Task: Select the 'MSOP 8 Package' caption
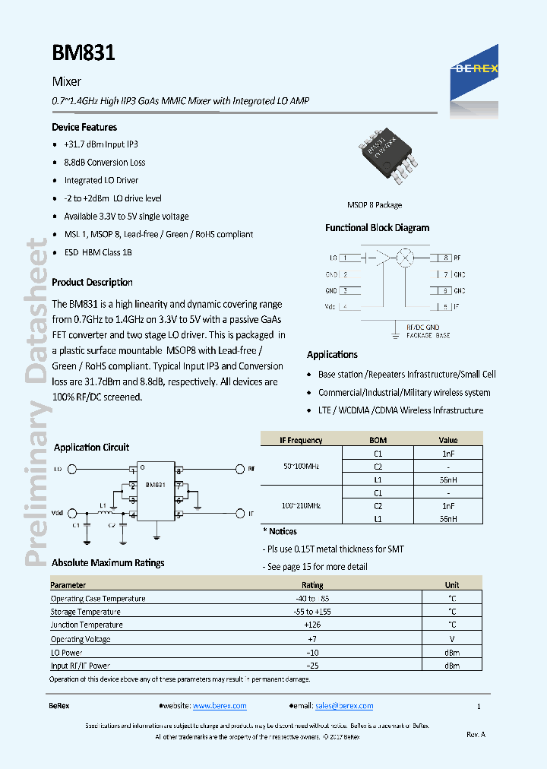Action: pos(375,205)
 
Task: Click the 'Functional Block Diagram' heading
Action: pos(377,228)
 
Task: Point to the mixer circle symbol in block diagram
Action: pos(406,258)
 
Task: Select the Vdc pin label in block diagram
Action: pos(330,307)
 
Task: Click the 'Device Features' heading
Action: pos(84,127)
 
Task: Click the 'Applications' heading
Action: pos(332,355)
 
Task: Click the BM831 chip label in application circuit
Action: pos(156,484)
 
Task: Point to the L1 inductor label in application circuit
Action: pos(103,505)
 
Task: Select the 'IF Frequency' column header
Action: pos(301,440)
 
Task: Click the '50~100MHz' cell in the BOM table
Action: pos(301,466)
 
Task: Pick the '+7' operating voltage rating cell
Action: pos(312,639)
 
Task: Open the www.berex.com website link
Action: pos(220,706)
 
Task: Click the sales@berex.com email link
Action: pos(344,706)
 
